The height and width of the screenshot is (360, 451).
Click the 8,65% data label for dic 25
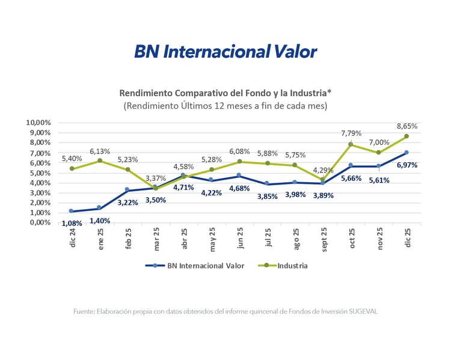407,127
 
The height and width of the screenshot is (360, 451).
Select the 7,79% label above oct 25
351,133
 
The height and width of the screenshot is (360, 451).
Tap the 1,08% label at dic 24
71,224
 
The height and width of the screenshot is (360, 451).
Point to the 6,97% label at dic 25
407,165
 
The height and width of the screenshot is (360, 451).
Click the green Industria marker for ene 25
100,160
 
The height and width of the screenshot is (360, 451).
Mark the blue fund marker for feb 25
127,190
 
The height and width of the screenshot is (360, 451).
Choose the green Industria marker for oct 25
351,145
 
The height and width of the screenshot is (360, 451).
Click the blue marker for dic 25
407,153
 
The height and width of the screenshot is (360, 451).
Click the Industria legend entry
292,265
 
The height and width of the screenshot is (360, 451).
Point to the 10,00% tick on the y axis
38,123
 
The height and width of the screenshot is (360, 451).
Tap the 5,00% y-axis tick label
40,172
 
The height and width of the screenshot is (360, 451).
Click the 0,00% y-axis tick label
40,222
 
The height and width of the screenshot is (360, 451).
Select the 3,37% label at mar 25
156,178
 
